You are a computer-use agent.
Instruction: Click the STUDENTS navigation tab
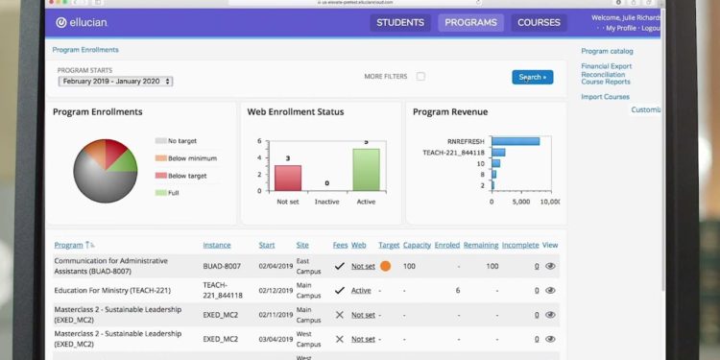[400, 22]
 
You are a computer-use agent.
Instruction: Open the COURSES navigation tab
[539, 22]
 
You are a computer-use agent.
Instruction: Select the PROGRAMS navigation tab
[470, 22]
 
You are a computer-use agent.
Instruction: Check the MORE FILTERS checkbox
[420, 77]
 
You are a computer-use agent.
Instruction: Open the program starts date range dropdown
[115, 82]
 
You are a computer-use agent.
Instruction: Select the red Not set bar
[288, 178]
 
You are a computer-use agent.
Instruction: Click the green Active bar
[366, 169]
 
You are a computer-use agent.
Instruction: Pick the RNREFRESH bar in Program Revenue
[516, 141]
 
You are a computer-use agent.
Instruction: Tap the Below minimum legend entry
[191, 158]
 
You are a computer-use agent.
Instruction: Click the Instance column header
[217, 246]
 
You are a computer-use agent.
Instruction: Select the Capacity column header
[417, 246]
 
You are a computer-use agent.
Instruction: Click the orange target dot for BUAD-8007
[385, 266]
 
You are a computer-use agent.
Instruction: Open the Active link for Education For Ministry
[361, 291]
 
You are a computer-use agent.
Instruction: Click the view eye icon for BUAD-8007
[550, 266]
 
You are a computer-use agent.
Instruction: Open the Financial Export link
[606, 66]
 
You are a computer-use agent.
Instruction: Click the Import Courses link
[605, 97]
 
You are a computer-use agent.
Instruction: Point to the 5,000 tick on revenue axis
[521, 202]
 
